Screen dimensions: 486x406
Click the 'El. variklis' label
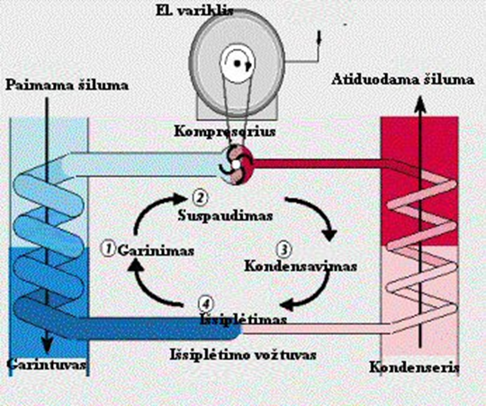(195, 11)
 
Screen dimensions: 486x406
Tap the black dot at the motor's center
(237, 63)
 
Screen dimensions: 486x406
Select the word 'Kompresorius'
(225, 131)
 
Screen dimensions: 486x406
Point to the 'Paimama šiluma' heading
(67, 86)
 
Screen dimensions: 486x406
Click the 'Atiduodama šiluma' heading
(403, 79)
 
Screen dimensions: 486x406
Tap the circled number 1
(108, 248)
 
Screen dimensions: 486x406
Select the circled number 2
(200, 197)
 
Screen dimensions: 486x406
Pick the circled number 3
(283, 249)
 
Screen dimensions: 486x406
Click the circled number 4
(205, 303)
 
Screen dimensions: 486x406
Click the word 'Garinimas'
(156, 250)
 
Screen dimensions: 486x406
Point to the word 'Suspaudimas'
(225, 215)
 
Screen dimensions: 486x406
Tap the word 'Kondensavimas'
(301, 266)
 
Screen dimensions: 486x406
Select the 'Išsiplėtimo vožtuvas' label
(243, 355)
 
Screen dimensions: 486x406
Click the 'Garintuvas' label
(47, 365)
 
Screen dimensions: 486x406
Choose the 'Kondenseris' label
(414, 367)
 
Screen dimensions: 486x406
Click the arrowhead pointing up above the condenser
(420, 104)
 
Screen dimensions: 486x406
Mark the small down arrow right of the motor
(319, 38)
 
